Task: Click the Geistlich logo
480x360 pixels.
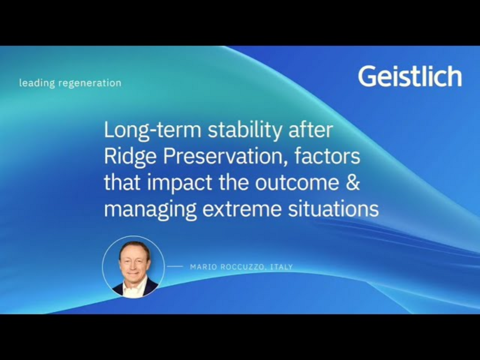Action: click(410, 76)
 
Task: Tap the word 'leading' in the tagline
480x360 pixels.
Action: click(37, 83)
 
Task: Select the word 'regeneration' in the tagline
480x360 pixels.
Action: click(90, 83)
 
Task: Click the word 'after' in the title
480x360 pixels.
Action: click(310, 130)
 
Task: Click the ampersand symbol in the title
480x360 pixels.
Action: click(353, 182)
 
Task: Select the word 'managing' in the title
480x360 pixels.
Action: click(150, 209)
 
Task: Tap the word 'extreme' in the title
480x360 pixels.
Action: click(242, 209)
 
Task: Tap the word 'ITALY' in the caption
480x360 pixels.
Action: click(282, 267)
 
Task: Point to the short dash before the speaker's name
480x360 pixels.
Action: click(175, 266)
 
